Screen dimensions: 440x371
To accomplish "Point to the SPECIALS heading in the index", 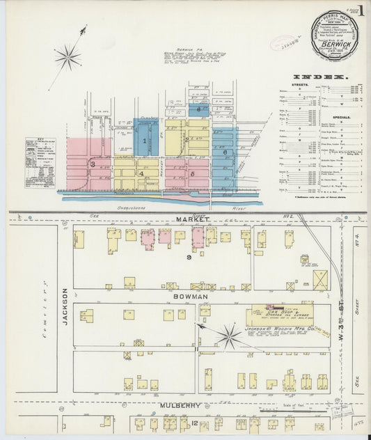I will pos(342,117).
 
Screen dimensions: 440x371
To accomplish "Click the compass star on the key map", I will pos(68,57).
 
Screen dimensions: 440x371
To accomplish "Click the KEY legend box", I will pos(40,162).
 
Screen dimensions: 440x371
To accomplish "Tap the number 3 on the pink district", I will pos(92,164).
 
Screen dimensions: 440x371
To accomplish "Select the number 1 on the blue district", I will pos(144,141).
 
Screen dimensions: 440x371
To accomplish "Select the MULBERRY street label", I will pos(183,405).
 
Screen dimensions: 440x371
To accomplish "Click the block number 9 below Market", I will pos(189,258).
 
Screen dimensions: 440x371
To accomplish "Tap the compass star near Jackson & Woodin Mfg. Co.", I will pos(228,337).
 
